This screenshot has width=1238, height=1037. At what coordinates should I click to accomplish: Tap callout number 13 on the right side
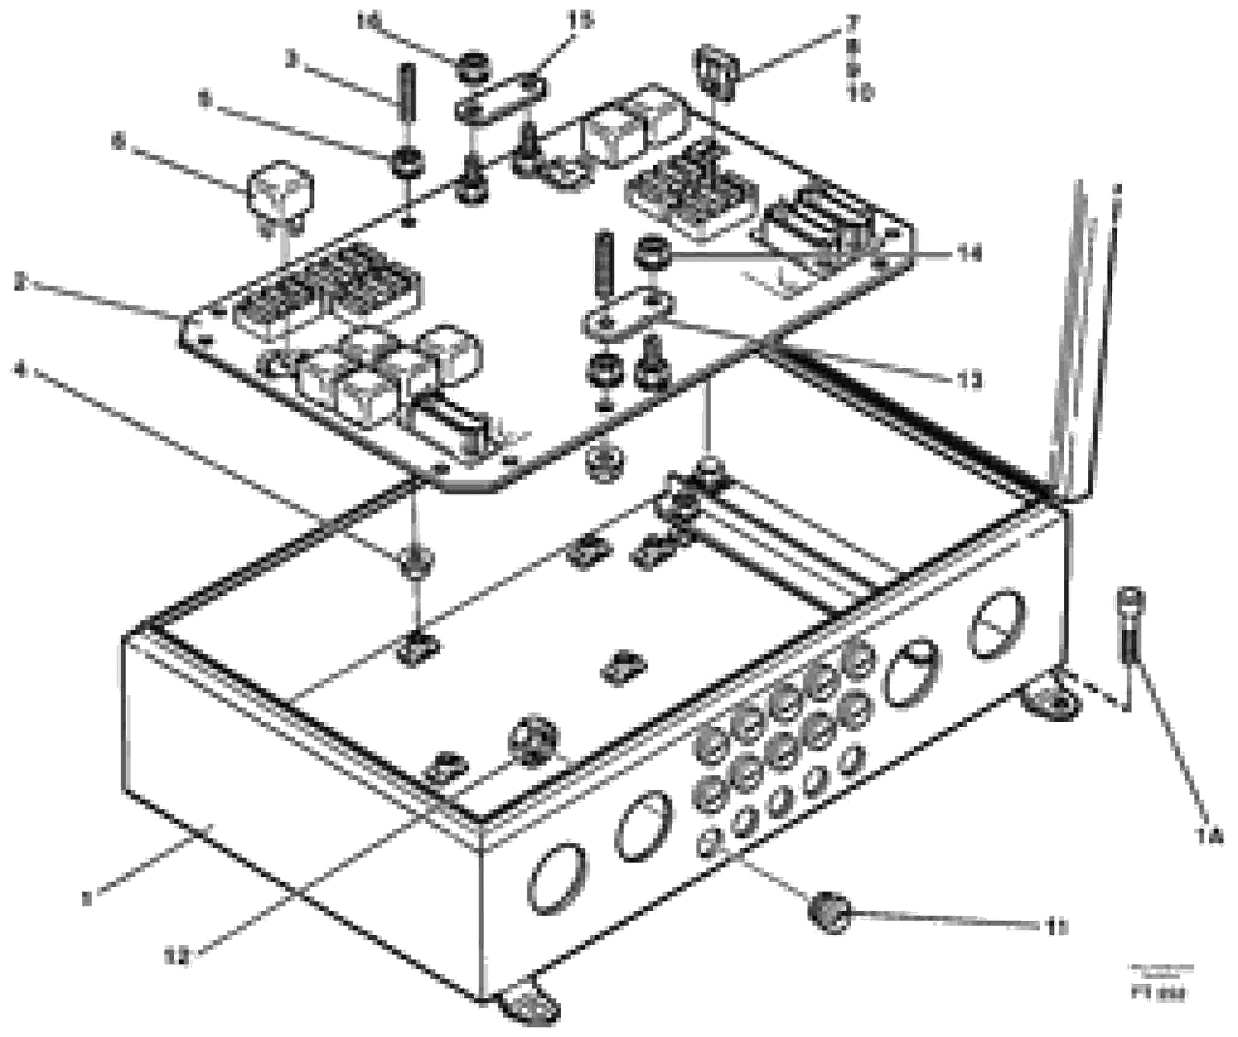967,381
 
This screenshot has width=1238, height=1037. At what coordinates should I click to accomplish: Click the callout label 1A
1209,836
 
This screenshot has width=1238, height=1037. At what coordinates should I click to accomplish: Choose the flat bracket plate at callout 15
500,101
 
